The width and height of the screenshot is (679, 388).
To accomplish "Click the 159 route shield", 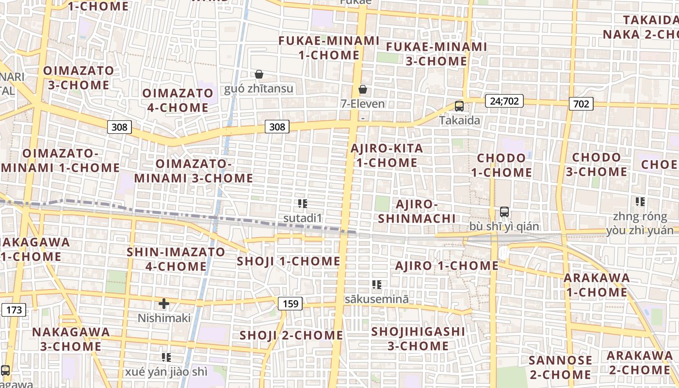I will pyautogui.click(x=291, y=304).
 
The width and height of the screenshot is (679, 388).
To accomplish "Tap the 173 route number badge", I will pyautogui.click(x=14, y=309).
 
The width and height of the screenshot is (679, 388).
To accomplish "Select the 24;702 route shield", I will pyautogui.click(x=504, y=101).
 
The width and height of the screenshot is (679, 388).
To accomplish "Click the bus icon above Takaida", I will pyautogui.click(x=459, y=106).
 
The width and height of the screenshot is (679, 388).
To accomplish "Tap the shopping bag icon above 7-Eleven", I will pyautogui.click(x=362, y=89).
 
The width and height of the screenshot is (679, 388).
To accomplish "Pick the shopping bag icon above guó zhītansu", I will pyautogui.click(x=259, y=74).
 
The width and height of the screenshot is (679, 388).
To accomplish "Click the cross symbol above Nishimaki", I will pyautogui.click(x=164, y=304).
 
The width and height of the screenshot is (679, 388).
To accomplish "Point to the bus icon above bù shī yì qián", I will pyautogui.click(x=504, y=212).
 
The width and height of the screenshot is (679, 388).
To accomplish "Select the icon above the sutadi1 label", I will pyautogui.click(x=303, y=204).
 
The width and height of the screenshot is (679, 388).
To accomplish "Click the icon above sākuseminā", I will pyautogui.click(x=376, y=285).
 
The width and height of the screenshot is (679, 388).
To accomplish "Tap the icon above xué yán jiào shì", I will pyautogui.click(x=166, y=357).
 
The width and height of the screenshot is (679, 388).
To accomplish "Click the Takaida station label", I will pyautogui.click(x=460, y=120).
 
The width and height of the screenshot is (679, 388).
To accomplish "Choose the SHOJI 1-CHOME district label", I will pyautogui.click(x=289, y=261).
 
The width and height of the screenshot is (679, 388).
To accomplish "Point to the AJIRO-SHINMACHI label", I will pyautogui.click(x=417, y=211).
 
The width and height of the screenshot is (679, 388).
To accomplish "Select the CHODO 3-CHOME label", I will pyautogui.click(x=596, y=164).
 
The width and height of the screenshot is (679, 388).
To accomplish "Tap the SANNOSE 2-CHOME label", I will pyautogui.click(x=560, y=367).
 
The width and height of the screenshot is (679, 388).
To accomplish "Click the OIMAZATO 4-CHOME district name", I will pyautogui.click(x=175, y=100).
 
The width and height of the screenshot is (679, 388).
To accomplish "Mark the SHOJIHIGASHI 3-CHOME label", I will pyautogui.click(x=418, y=339).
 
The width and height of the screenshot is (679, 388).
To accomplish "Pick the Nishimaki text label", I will pyautogui.click(x=164, y=318).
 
